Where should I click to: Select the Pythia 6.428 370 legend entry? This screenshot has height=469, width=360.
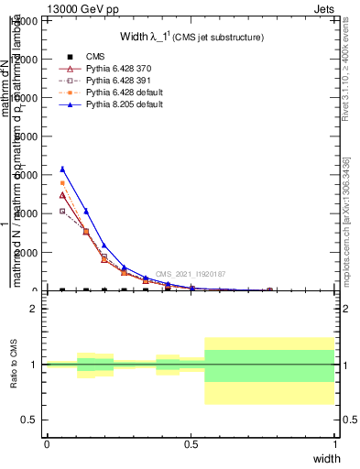click(x=112, y=69)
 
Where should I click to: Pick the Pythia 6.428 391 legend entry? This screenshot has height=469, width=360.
click(x=112, y=81)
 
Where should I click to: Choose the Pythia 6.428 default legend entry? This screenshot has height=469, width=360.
click(x=117, y=93)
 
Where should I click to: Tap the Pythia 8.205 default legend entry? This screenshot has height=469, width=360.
click(x=117, y=104)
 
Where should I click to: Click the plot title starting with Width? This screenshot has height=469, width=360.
click(x=192, y=38)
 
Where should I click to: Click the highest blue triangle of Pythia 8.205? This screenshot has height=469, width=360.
click(x=62, y=169)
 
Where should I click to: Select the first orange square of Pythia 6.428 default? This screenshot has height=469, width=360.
click(x=62, y=183)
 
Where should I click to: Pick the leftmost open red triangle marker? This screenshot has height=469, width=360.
click(x=62, y=195)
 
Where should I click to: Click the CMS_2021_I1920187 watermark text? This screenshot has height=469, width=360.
click(x=191, y=274)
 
